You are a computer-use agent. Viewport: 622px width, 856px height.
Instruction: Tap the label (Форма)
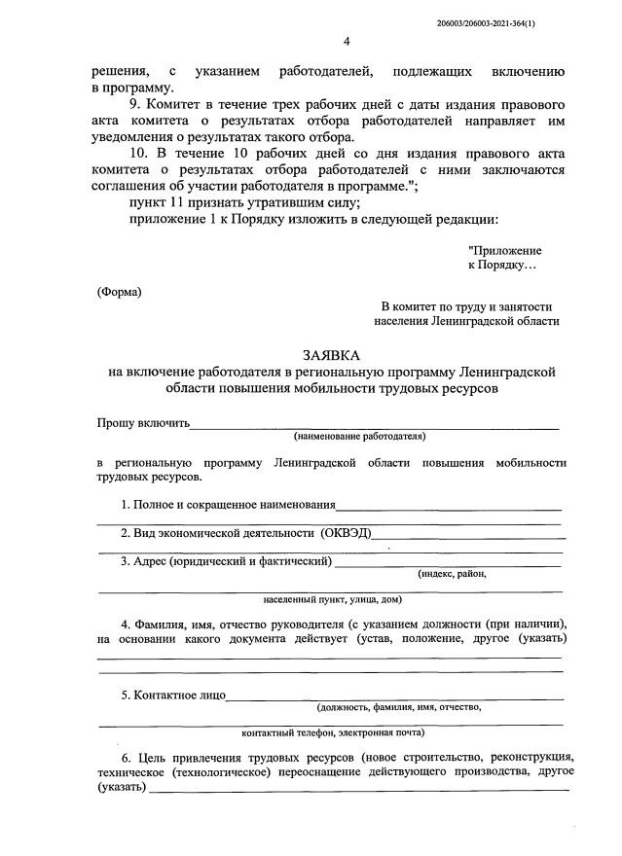(x=119, y=292)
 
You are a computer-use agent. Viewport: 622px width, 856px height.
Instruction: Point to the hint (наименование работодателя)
(x=360, y=437)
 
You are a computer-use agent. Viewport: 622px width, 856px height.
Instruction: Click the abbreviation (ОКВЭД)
(x=345, y=532)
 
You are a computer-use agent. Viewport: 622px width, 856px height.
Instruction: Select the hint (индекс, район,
(x=452, y=573)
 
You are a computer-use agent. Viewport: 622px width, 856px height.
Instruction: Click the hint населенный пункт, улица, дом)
(x=332, y=599)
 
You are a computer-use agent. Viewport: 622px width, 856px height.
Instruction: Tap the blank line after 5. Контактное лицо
(x=394, y=696)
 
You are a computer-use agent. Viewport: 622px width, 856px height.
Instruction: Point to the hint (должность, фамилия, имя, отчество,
(x=399, y=707)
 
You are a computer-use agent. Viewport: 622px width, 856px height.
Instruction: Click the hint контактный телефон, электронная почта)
(x=332, y=732)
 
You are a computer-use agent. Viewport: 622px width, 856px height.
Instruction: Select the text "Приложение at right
(x=505, y=250)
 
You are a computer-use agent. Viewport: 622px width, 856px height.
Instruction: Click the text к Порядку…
(x=501, y=266)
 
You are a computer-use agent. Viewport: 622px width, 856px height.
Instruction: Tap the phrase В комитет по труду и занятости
(x=466, y=305)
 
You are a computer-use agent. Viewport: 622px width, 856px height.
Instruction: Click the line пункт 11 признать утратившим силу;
(x=244, y=201)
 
